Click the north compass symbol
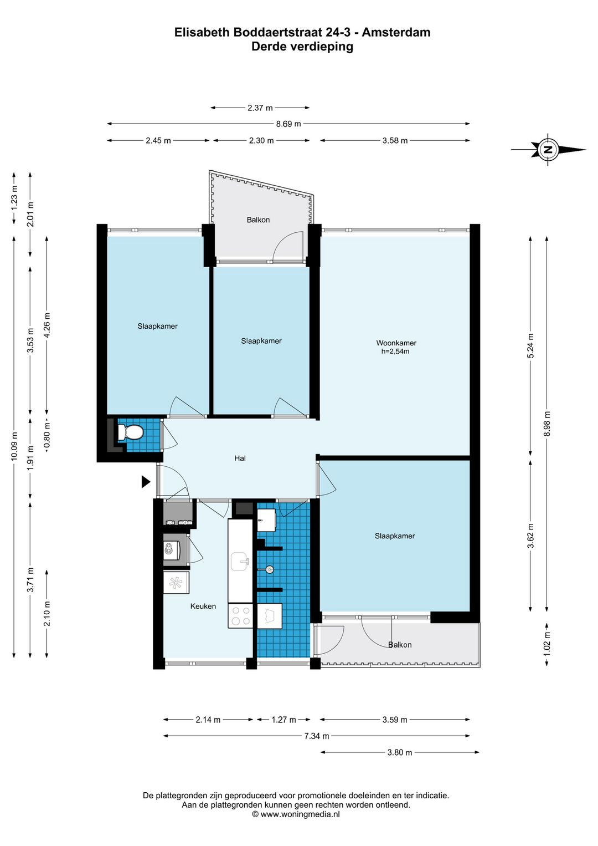pyautogui.click(x=549, y=149)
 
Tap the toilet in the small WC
pyautogui.click(x=130, y=431)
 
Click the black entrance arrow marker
pyautogui.click(x=146, y=482)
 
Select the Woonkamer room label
pyautogui.click(x=396, y=343)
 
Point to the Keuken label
pyautogui.click(x=203, y=606)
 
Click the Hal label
pyautogui.click(x=240, y=458)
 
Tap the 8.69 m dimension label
pyautogui.click(x=288, y=124)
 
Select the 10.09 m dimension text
pyautogui.click(x=14, y=446)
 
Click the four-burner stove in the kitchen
pyautogui.click(x=240, y=615)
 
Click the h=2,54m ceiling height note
pyautogui.click(x=395, y=351)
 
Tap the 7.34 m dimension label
pyautogui.click(x=317, y=736)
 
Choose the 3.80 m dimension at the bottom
pyautogui.click(x=400, y=752)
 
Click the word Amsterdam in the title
pyautogui.click(x=396, y=33)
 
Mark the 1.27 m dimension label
pyautogui.click(x=283, y=720)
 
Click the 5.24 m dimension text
pyautogui.click(x=530, y=346)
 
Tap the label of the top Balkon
pyautogui.click(x=258, y=220)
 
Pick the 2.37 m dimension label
pyautogui.click(x=260, y=108)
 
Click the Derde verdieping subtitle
pyautogui.click(x=302, y=47)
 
